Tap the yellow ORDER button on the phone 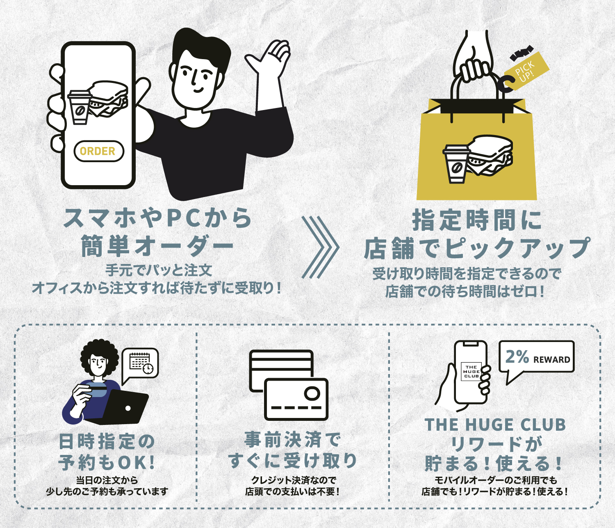(98, 151)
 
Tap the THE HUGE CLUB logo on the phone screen (471, 371)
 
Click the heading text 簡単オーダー (157, 246)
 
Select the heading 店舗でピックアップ (477, 248)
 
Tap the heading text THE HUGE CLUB (495, 425)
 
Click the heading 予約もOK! (107, 463)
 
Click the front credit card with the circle (296, 399)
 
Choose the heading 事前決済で (292, 440)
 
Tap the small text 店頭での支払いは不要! (292, 491)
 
